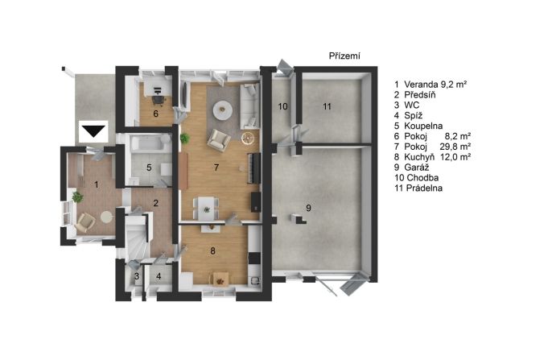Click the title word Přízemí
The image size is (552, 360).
coord(344,56)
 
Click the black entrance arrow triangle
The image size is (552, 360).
coord(94,131)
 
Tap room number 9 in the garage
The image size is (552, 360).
coord(308,208)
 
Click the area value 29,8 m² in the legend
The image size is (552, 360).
coord(455,147)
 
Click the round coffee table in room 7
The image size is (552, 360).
coord(222,110)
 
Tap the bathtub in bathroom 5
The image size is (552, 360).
coord(150,143)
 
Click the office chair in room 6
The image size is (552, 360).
coord(159,100)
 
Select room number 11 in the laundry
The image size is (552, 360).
coord(327,106)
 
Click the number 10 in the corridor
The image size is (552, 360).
coord(282,106)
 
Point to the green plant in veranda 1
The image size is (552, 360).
coord(78,197)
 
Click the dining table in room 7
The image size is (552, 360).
coord(206,208)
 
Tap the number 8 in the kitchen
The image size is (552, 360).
coord(212,250)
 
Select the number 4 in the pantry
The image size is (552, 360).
coord(159,276)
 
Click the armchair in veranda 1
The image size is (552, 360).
coord(85,223)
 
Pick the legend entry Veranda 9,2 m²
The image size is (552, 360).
coord(430,85)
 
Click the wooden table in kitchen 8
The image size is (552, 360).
coord(220,279)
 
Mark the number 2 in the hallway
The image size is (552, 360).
coord(155,203)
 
